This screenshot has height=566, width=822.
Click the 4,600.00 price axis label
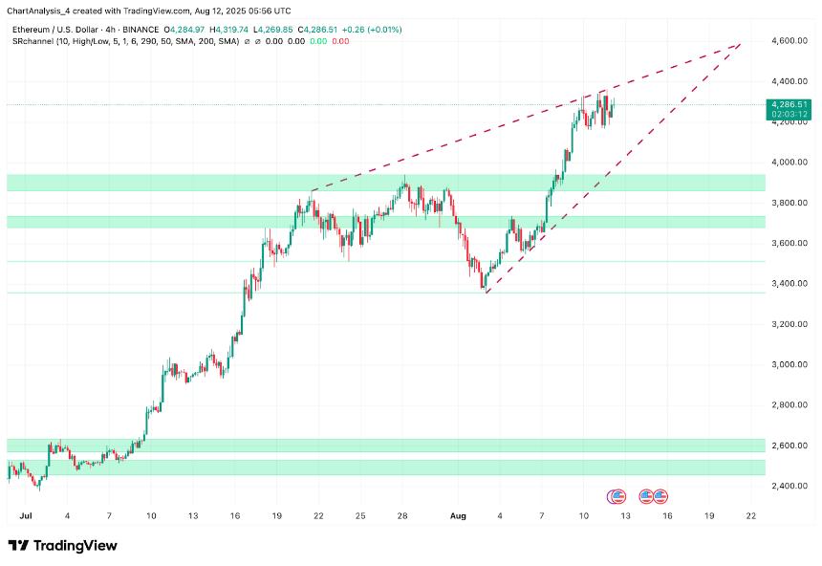(x=790, y=41)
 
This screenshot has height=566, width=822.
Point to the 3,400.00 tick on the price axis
(x=790, y=284)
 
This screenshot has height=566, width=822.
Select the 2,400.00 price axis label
(x=790, y=486)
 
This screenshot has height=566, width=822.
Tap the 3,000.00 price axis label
(x=790, y=364)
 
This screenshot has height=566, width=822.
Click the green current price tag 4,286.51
(x=790, y=104)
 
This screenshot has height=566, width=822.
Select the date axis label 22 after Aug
(x=751, y=515)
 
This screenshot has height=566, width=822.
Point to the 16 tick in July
(x=235, y=515)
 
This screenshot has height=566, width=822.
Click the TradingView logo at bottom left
(x=62, y=545)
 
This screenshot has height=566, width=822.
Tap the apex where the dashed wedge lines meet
(x=741, y=43)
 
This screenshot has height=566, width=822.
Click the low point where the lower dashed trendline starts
(x=486, y=293)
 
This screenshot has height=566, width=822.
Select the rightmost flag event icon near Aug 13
(x=660, y=496)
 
